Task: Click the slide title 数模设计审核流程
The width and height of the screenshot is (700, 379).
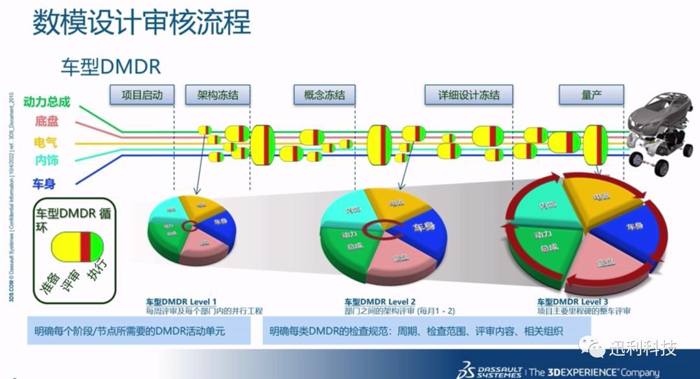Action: [141, 23]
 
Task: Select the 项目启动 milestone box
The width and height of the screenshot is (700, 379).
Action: [141, 95]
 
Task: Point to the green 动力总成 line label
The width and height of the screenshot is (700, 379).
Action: [46, 102]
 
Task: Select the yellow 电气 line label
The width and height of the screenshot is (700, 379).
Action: [45, 142]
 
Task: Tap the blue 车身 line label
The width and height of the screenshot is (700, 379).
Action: [43, 184]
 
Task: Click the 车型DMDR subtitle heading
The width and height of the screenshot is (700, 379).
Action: [111, 67]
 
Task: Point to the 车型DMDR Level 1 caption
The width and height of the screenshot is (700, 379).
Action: [181, 302]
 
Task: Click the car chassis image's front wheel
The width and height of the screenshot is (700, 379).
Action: [661, 168]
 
